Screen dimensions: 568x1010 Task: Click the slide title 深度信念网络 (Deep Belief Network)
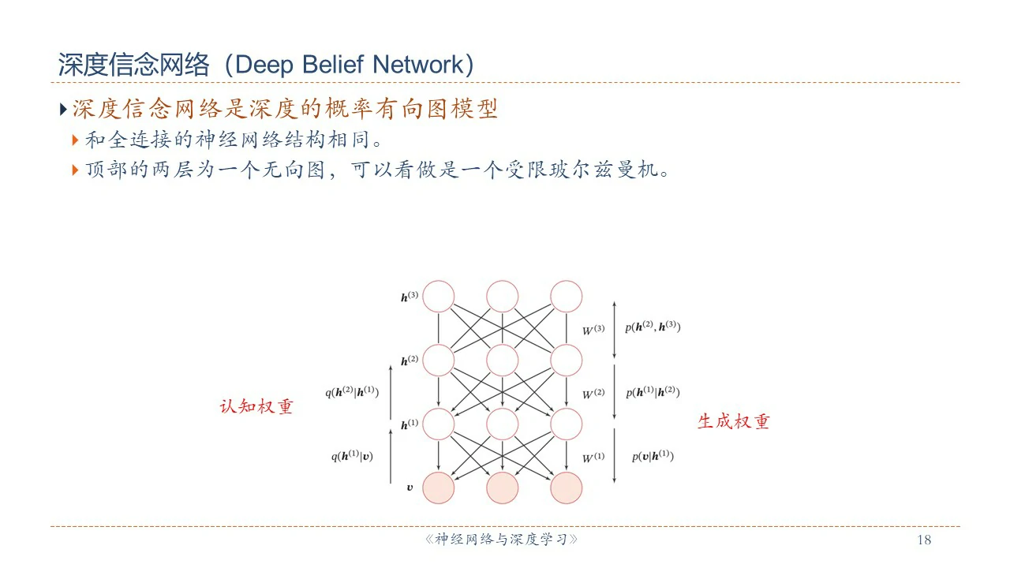(266, 65)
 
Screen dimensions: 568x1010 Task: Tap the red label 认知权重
(256, 407)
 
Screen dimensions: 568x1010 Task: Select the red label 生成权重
(733, 421)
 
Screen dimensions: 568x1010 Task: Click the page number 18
(924, 540)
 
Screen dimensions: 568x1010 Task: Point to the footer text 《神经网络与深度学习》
(502, 540)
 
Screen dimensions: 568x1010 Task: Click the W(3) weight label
(593, 330)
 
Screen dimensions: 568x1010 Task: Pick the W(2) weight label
(593, 393)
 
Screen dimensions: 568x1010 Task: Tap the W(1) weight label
(593, 458)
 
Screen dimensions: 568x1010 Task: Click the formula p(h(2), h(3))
(653, 327)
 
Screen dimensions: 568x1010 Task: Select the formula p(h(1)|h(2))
(653, 392)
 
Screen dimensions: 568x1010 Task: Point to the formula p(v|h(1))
(653, 456)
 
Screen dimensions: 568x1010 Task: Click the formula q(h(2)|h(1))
(352, 392)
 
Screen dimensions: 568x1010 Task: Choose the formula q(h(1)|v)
(352, 456)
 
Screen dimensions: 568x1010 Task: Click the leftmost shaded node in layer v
(440, 488)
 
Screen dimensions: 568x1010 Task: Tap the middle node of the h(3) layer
(503, 297)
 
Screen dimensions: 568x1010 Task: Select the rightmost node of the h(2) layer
(566, 361)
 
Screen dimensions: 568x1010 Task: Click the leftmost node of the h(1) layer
(440, 424)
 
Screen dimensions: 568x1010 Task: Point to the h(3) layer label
(409, 297)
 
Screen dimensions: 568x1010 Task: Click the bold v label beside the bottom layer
(410, 488)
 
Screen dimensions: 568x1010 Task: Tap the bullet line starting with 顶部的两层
(377, 170)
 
